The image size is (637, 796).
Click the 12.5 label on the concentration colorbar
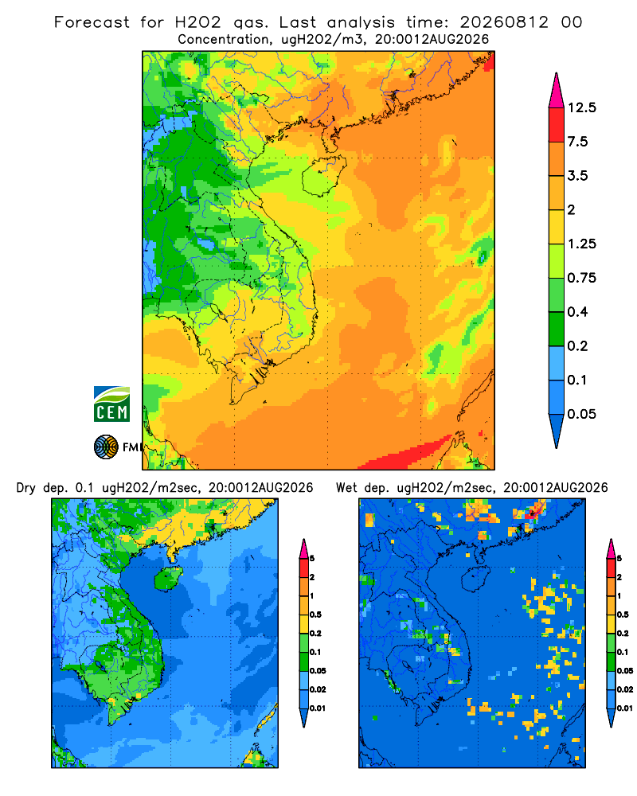click(x=581, y=107)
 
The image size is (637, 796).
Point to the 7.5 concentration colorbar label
click(x=577, y=142)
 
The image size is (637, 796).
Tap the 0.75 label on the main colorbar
click(x=581, y=278)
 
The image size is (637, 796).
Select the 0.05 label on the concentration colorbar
click(x=581, y=414)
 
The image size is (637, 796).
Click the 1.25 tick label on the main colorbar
click(x=581, y=244)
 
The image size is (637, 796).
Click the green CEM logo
click(x=111, y=404)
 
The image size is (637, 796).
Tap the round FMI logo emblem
click(x=106, y=447)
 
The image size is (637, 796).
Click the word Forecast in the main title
click(x=92, y=22)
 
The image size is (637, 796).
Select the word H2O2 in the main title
click(x=198, y=22)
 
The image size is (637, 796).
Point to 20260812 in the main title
click(x=504, y=22)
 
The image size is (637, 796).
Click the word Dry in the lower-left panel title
click(x=26, y=488)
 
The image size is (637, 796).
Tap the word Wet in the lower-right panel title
click(x=347, y=488)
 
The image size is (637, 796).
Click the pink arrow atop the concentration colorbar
click(x=557, y=90)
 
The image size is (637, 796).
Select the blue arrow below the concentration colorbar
click(x=557, y=431)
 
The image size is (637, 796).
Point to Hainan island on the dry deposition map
click(x=168, y=579)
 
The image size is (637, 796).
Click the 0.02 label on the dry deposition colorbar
click(x=318, y=689)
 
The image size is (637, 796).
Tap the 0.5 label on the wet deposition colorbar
click(x=623, y=615)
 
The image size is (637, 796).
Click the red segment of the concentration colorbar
click(x=557, y=125)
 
